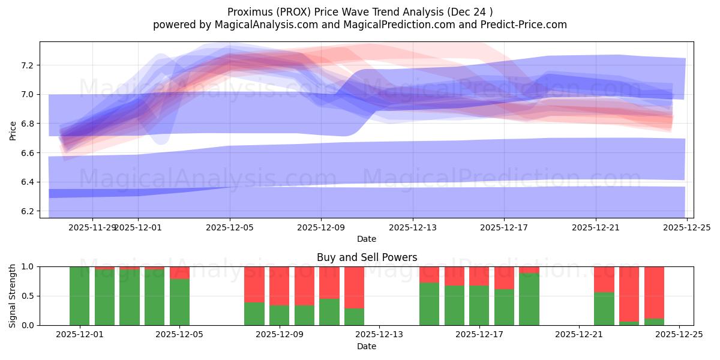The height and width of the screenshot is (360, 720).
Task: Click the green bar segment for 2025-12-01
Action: pos(80,296)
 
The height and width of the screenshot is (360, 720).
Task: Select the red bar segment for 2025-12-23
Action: pos(629,294)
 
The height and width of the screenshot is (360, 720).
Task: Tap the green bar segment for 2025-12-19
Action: pos(529,299)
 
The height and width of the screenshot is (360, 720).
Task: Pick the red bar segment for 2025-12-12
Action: pos(354,287)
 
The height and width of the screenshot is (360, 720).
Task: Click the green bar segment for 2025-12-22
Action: pos(604,309)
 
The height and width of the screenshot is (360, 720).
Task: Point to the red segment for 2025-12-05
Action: pos(179,273)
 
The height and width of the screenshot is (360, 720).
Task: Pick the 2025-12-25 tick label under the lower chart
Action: pos(679,335)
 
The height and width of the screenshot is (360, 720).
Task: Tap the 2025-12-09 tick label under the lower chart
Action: pos(280,335)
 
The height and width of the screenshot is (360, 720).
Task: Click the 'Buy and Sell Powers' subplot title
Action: pos(367,257)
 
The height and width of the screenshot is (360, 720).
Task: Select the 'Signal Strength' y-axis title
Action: pos(13,296)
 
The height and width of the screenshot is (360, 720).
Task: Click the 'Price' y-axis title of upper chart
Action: pos(13,130)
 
